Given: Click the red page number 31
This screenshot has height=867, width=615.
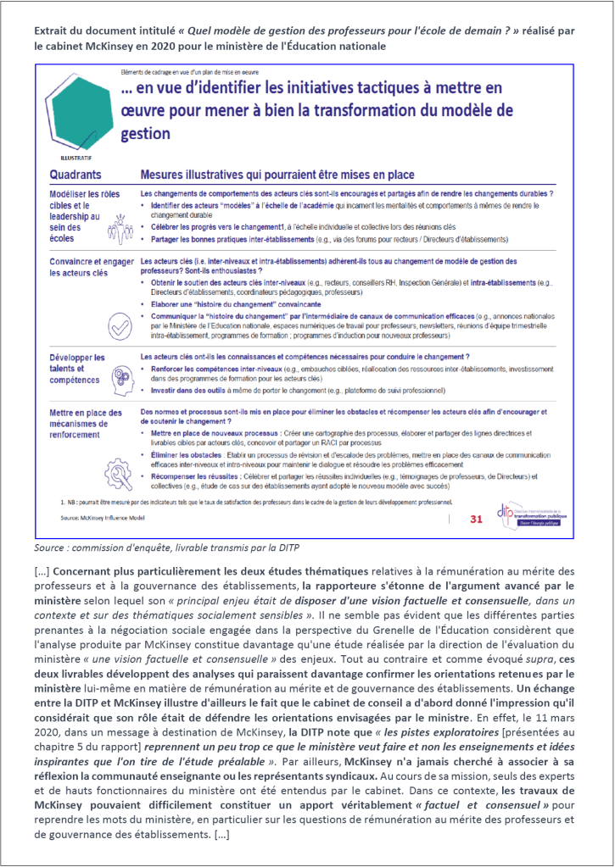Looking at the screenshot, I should tap(475, 518).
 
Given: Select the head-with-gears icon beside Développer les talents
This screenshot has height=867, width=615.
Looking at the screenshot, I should tap(120, 380).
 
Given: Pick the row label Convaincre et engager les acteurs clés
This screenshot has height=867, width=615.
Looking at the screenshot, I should tap(93, 268).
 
